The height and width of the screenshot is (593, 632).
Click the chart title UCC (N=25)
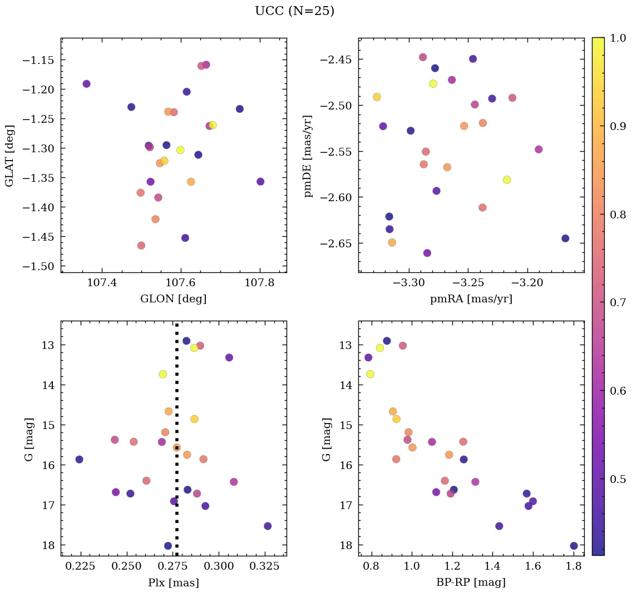(x=294, y=11)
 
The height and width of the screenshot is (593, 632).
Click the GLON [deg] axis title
(x=174, y=299)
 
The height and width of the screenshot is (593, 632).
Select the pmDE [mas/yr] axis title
(x=308, y=156)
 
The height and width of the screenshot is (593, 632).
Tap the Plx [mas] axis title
(x=174, y=582)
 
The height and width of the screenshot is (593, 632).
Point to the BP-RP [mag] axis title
(x=471, y=582)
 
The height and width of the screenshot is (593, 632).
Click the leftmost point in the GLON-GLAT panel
(x=86, y=84)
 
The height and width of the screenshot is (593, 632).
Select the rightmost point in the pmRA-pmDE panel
(x=565, y=238)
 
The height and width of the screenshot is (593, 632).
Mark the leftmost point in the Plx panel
(x=80, y=460)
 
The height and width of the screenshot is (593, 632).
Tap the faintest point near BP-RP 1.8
(x=574, y=546)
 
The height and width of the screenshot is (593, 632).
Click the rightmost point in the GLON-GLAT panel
(x=260, y=182)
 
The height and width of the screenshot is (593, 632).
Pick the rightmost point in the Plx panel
(x=268, y=526)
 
